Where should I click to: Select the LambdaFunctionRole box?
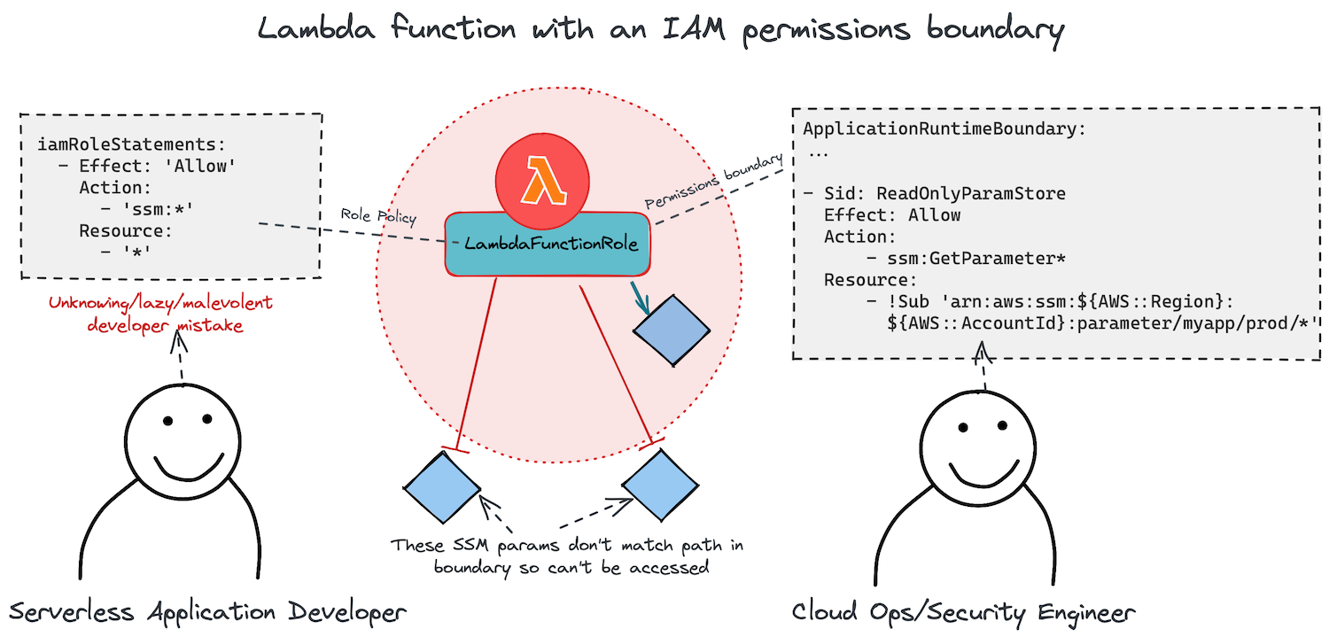coord(547,244)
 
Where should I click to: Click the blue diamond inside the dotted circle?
coord(672,329)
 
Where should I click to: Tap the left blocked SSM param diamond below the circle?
coord(441,486)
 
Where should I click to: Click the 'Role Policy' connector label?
coord(377,214)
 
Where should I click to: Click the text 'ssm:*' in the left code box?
coord(162,210)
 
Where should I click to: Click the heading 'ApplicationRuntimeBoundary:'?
coord(944,128)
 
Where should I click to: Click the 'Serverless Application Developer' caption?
coord(207,611)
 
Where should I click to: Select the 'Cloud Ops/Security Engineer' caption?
coord(963,611)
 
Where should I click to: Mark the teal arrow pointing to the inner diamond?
coord(641,298)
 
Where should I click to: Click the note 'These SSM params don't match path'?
coord(567,545)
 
